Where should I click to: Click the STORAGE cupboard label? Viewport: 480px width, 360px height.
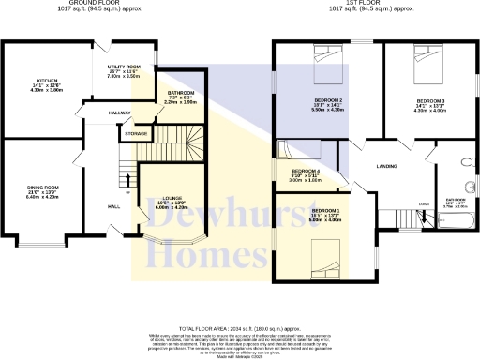click(136, 134)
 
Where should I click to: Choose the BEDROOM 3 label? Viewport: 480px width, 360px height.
click(431, 100)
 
